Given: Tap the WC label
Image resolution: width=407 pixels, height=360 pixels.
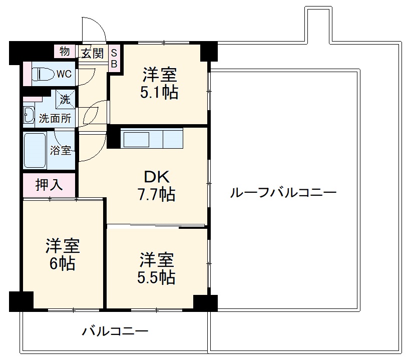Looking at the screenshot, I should tap(64, 75).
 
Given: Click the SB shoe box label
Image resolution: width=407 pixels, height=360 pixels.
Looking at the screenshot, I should tap(114, 58).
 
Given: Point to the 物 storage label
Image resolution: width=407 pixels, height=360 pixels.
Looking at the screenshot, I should tap(65, 51).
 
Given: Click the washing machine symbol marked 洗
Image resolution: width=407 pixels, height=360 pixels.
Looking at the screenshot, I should tap(65, 98).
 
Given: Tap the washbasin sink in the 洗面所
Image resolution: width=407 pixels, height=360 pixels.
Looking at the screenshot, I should tap(29, 115).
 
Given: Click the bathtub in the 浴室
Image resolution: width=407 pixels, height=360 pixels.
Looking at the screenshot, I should tap(35, 151).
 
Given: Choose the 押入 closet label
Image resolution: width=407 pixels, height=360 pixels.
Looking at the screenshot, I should tap(49, 185).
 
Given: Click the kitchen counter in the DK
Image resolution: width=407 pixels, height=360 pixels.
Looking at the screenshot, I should tap(152, 138).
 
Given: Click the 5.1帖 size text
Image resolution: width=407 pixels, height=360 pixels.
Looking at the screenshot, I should tap(159, 92).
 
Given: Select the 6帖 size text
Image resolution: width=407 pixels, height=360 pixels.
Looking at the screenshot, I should tap(62, 263).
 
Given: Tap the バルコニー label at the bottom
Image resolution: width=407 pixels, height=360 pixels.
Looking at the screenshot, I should tap(116, 331).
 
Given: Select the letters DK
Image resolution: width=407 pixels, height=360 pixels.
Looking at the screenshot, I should tap(157, 177).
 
